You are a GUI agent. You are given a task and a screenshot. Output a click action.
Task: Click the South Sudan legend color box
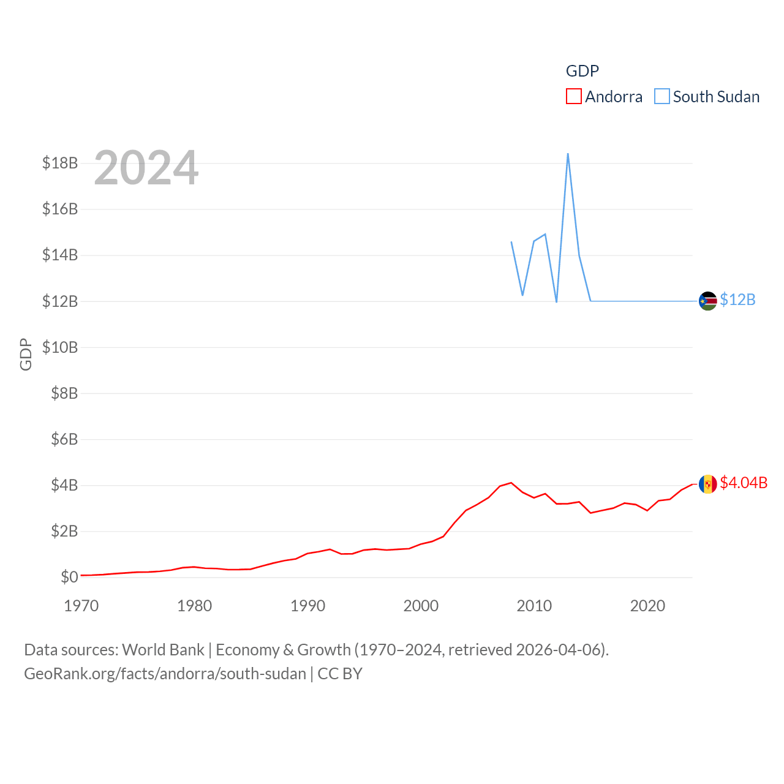point(662,97)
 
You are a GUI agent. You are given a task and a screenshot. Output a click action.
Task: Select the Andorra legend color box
point(574,97)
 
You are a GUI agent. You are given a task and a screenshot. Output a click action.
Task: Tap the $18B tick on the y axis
point(60,163)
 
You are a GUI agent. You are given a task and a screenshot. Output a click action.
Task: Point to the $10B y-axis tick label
point(60,347)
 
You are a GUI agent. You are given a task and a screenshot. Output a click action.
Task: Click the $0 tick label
point(69,577)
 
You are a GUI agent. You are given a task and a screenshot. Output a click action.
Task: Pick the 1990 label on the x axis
point(307,606)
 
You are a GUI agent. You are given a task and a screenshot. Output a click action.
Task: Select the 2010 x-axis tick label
point(534,606)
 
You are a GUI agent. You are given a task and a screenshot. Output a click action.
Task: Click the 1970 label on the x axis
point(81,606)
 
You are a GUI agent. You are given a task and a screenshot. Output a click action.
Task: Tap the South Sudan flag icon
point(708,301)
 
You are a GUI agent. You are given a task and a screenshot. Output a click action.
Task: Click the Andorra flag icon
point(708,484)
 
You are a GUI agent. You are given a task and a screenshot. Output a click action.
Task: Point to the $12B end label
point(737,300)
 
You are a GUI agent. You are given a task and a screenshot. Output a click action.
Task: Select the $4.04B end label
point(744,483)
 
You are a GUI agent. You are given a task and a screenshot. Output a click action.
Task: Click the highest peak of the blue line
point(568,154)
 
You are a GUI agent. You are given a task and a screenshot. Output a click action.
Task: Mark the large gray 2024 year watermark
point(146,168)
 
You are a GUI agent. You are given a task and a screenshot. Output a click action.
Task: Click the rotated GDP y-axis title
point(26,354)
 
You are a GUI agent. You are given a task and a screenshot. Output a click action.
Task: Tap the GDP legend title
point(582,71)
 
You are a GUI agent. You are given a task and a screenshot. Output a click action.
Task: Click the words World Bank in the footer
point(164,650)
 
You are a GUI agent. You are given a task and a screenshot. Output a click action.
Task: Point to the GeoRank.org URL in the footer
point(165,674)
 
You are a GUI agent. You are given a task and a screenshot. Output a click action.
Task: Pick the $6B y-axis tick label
point(64,439)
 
